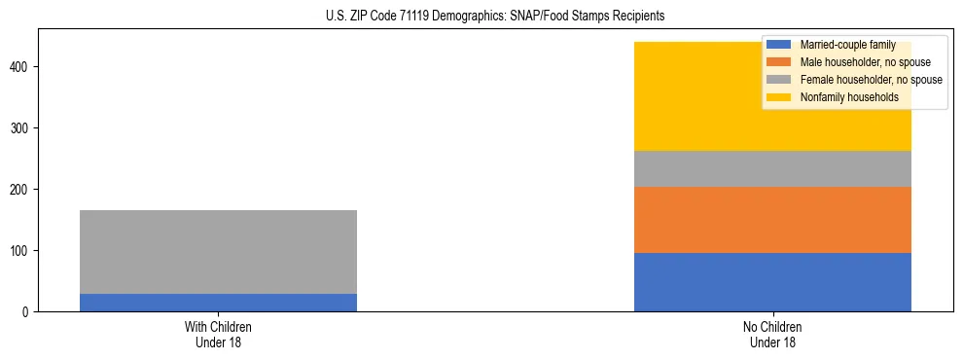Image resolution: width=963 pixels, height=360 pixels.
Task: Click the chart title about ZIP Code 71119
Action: click(481, 17)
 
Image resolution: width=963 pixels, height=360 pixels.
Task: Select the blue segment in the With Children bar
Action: click(218, 303)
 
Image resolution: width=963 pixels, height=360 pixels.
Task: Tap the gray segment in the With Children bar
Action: click(218, 252)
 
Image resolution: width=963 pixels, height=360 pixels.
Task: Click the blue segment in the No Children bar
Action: click(772, 282)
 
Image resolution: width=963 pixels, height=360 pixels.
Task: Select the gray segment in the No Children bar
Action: click(772, 169)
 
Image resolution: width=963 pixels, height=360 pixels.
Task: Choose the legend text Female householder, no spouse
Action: click(870, 80)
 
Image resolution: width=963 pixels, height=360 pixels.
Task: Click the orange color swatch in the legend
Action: click(779, 62)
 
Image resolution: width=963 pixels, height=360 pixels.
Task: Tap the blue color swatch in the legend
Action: click(779, 45)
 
